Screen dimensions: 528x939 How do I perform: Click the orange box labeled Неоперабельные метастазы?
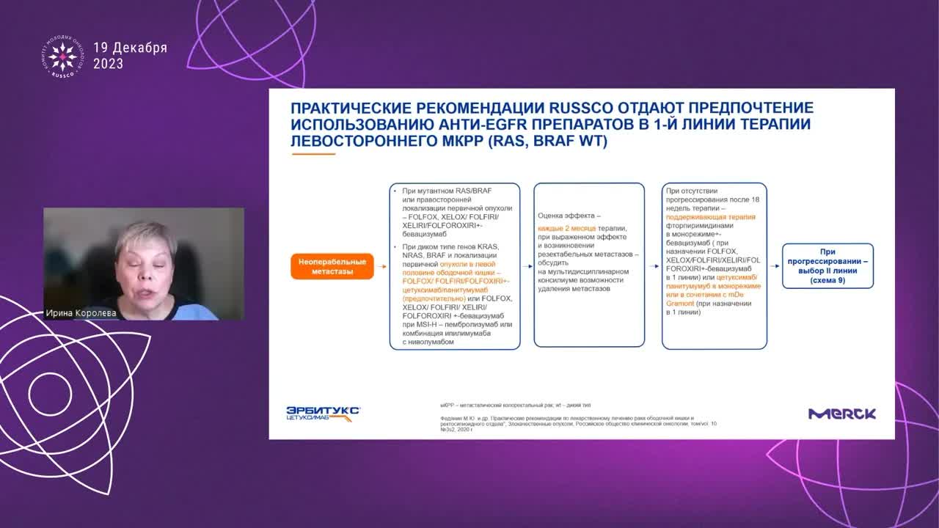point(332,266)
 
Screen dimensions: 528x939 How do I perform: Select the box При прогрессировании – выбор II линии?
point(827,266)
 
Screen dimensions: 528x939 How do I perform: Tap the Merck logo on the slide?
point(841,414)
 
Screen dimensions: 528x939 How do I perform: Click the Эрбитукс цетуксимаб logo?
point(323,414)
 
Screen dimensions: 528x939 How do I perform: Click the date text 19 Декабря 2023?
point(130,56)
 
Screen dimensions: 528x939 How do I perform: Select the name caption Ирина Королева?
point(81,313)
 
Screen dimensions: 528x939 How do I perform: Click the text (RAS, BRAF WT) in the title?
point(547,141)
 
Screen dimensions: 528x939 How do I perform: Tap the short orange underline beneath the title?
point(313,154)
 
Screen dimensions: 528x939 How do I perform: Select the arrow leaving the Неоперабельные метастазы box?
point(381,266)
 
